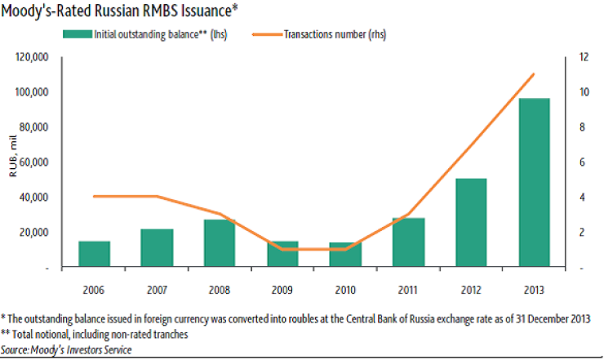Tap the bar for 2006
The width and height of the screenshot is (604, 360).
pyautogui.click(x=95, y=254)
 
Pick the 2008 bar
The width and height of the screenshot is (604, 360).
pyautogui.click(x=220, y=243)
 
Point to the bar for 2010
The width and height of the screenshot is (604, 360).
pyautogui.click(x=345, y=255)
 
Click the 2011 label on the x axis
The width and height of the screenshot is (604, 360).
pyautogui.click(x=408, y=289)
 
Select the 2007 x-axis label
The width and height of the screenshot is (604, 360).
pyautogui.click(x=158, y=289)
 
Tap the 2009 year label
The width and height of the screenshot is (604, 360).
pyautogui.click(x=282, y=289)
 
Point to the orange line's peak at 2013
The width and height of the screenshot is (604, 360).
pyautogui.click(x=533, y=74)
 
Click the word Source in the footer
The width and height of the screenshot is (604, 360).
pyautogui.click(x=17, y=349)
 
